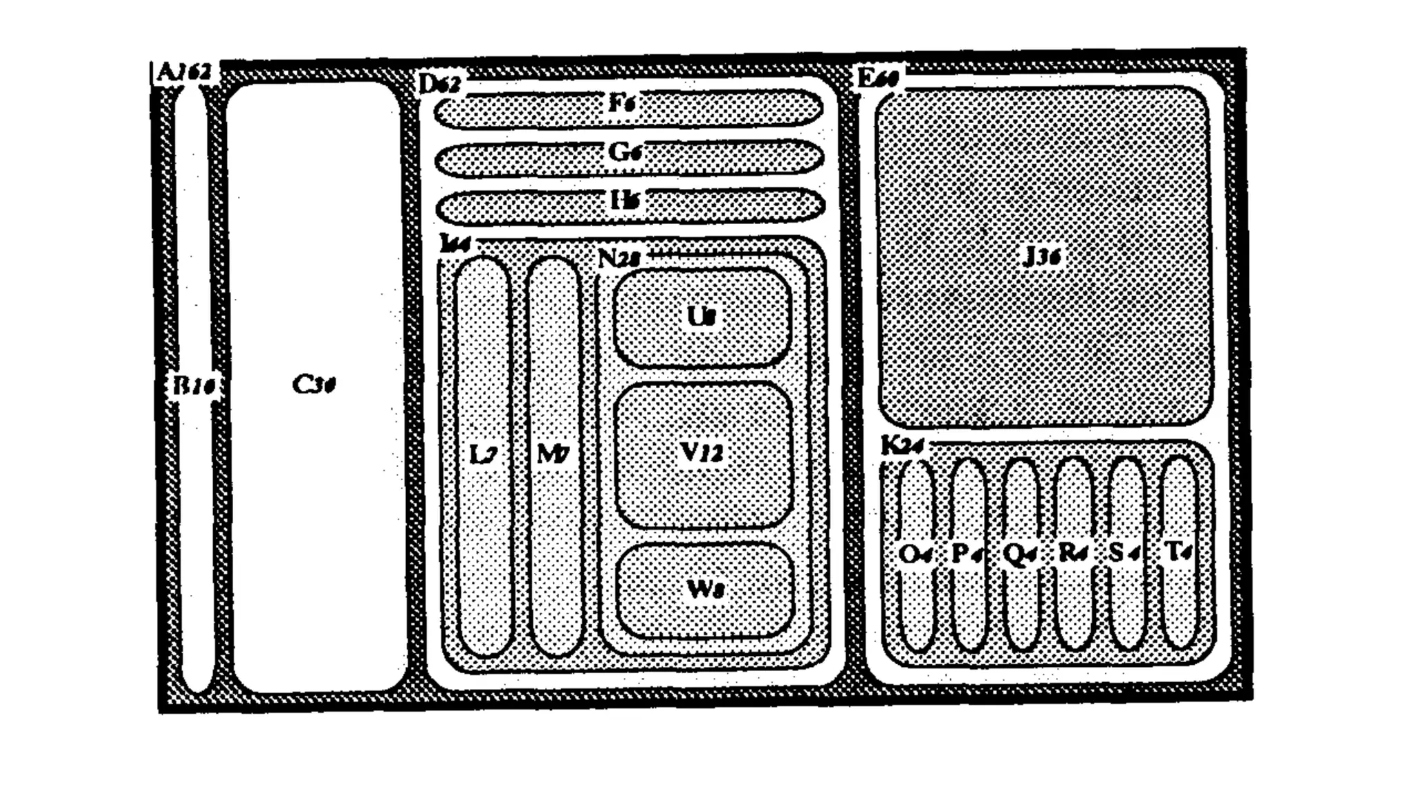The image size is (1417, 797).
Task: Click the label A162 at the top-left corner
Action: pyautogui.click(x=183, y=72)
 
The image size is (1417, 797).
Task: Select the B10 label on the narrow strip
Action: pyautogui.click(x=194, y=385)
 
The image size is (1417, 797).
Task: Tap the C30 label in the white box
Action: pyautogui.click(x=313, y=385)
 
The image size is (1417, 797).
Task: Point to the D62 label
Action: pyautogui.click(x=439, y=84)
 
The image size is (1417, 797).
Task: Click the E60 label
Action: pyautogui.click(x=877, y=77)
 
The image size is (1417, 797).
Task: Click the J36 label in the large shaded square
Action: pyautogui.click(x=1041, y=257)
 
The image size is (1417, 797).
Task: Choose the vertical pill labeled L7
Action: pyautogui.click(x=484, y=455)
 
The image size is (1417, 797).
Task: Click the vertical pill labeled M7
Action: pyautogui.click(x=554, y=455)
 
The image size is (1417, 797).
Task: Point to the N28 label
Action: pyautogui.click(x=619, y=259)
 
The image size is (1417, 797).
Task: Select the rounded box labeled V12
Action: pyautogui.click(x=702, y=453)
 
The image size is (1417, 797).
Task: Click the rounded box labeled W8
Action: pyautogui.click(x=704, y=589)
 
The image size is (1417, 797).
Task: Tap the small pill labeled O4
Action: pyautogui.click(x=917, y=553)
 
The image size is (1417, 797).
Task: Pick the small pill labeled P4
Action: pyautogui.click(x=968, y=553)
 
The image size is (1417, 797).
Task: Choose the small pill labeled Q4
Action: pyautogui.click(x=1021, y=553)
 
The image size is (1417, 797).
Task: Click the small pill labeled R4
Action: pyautogui.click(x=1073, y=553)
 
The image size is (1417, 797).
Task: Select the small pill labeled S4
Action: pyautogui.click(x=1125, y=553)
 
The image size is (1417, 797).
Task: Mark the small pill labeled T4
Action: pyautogui.click(x=1178, y=551)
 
